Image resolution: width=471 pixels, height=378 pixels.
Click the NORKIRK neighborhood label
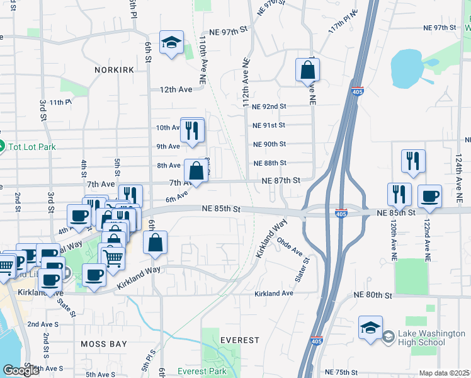[x=114, y=70]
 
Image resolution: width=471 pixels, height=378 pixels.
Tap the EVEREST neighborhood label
[x=240, y=340]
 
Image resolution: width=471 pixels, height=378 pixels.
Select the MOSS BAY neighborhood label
[x=104, y=345]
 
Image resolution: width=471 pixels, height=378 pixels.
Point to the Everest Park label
[x=201, y=371]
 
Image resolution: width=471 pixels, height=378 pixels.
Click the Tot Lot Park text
[x=31, y=147]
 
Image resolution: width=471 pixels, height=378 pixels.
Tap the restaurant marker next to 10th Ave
[x=193, y=130]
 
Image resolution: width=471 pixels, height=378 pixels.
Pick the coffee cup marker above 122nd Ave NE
[x=429, y=196]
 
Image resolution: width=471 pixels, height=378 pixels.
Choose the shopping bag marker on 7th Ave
[x=196, y=171]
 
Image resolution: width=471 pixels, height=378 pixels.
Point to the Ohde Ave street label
[x=290, y=249]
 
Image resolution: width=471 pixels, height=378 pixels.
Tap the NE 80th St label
[x=373, y=295]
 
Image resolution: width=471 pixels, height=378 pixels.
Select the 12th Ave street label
[x=176, y=89]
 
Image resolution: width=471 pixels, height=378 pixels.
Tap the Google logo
[x=21, y=371]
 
